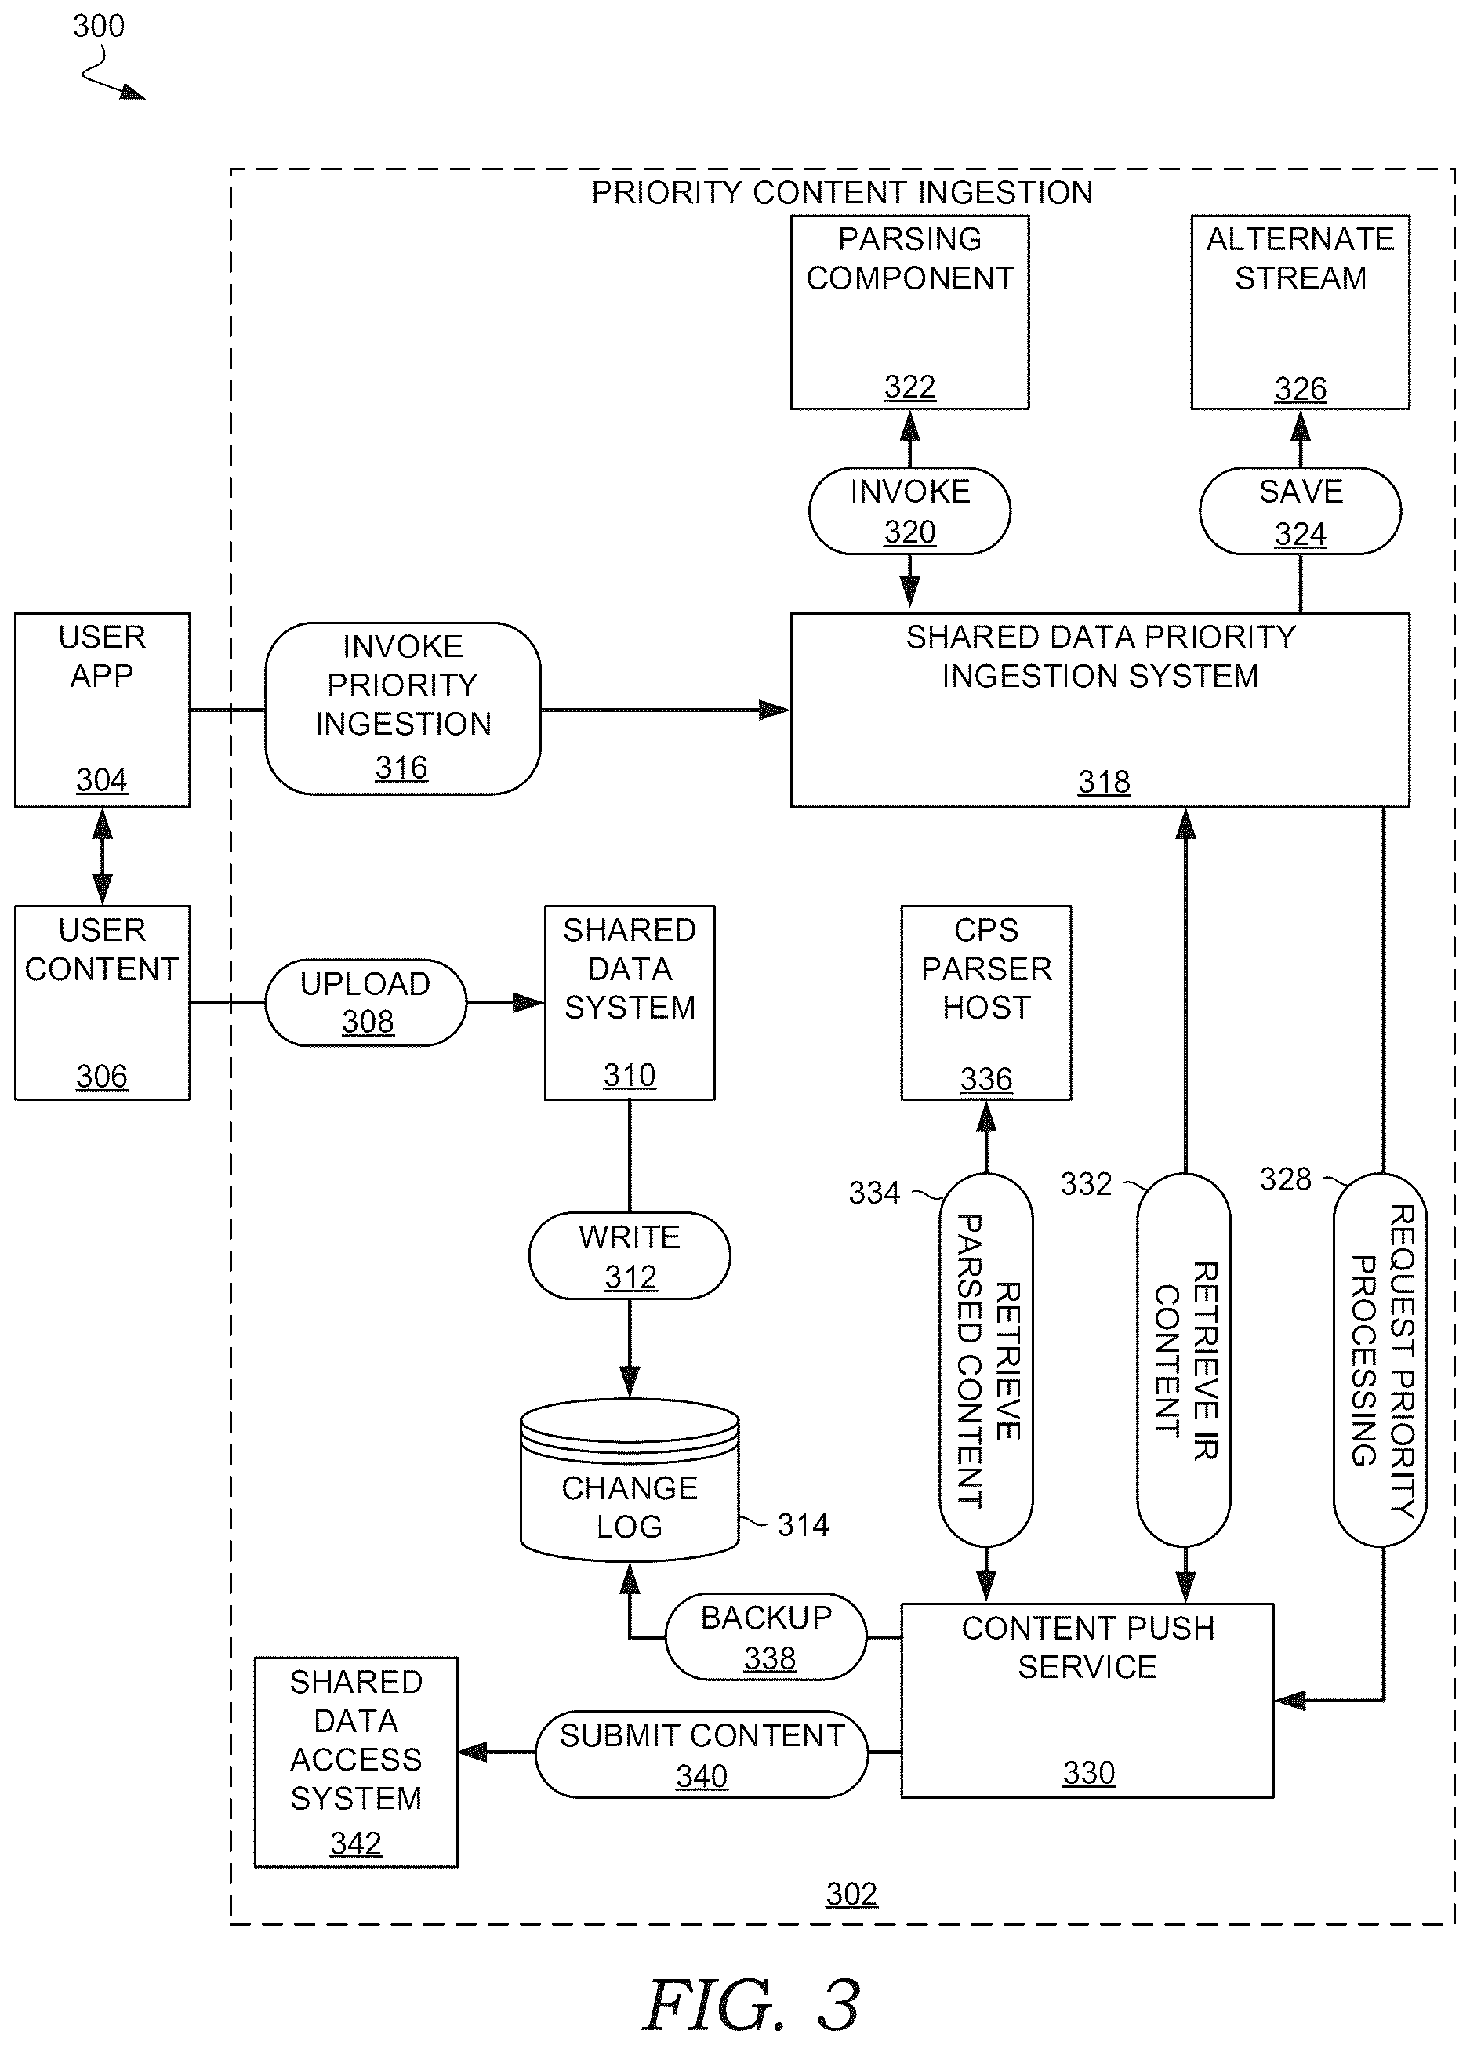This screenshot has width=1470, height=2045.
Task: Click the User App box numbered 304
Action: [x=102, y=710]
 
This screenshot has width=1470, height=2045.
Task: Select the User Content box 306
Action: [x=102, y=1002]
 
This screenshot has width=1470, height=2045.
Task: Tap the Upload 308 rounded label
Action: [x=366, y=1002]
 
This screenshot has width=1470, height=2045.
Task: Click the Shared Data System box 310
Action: [x=629, y=1002]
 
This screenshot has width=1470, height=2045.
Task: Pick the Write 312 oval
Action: [x=629, y=1255]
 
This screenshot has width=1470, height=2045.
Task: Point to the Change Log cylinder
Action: [x=629, y=1480]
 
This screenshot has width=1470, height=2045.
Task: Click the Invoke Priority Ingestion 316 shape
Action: [x=403, y=708]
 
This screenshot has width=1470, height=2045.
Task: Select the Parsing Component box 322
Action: [x=909, y=312]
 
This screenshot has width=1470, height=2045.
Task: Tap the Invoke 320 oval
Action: [x=909, y=510]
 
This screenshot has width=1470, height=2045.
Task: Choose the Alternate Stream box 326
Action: [x=1300, y=312]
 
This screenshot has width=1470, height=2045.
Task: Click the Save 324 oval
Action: [x=1300, y=510]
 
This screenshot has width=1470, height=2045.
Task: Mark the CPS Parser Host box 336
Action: [x=986, y=1002]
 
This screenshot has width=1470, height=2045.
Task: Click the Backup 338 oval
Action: [x=766, y=1636]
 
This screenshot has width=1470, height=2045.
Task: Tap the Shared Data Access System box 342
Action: [x=356, y=1762]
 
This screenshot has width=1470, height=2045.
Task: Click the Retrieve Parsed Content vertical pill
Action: [x=986, y=1360]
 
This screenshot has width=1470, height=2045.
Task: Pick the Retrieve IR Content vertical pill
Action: [x=1183, y=1360]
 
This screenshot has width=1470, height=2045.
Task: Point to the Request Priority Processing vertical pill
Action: [x=1380, y=1360]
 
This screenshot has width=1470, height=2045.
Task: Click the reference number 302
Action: [x=851, y=1894]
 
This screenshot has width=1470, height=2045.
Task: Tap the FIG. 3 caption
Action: [x=752, y=2005]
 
